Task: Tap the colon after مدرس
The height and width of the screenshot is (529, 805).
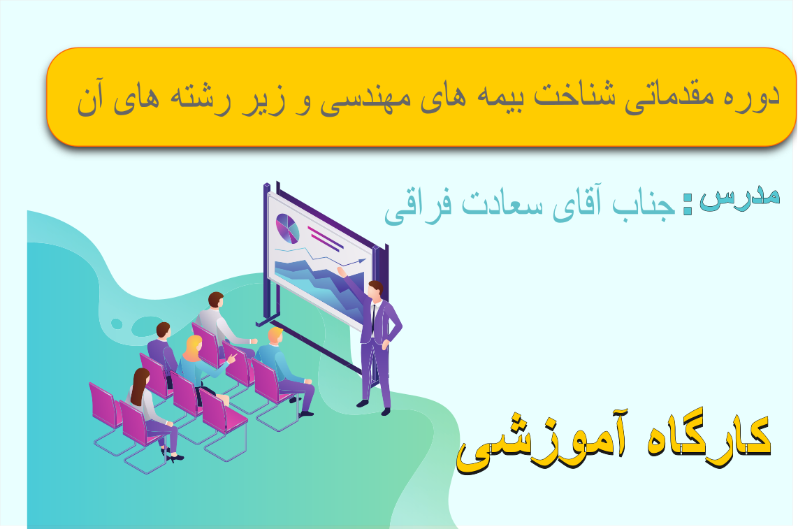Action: [688, 204]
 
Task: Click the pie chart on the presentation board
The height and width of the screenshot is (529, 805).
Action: [287, 228]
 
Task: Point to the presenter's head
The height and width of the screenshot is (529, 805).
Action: [375, 289]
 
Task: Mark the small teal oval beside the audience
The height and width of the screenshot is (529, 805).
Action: [117, 324]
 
